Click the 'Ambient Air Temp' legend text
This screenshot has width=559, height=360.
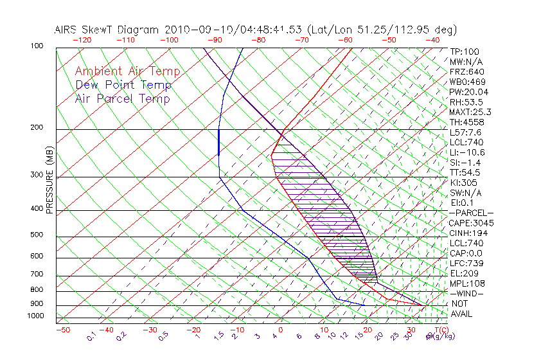point(127,71)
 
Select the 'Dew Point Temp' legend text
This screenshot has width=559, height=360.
point(123,85)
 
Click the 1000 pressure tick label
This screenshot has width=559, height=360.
point(35,316)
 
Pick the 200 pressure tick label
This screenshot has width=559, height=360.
point(37,127)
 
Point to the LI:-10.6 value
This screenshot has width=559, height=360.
point(467,152)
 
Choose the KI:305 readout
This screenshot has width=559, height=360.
point(464,183)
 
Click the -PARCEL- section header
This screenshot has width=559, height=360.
point(471,213)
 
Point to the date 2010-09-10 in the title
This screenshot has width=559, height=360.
point(200,30)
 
